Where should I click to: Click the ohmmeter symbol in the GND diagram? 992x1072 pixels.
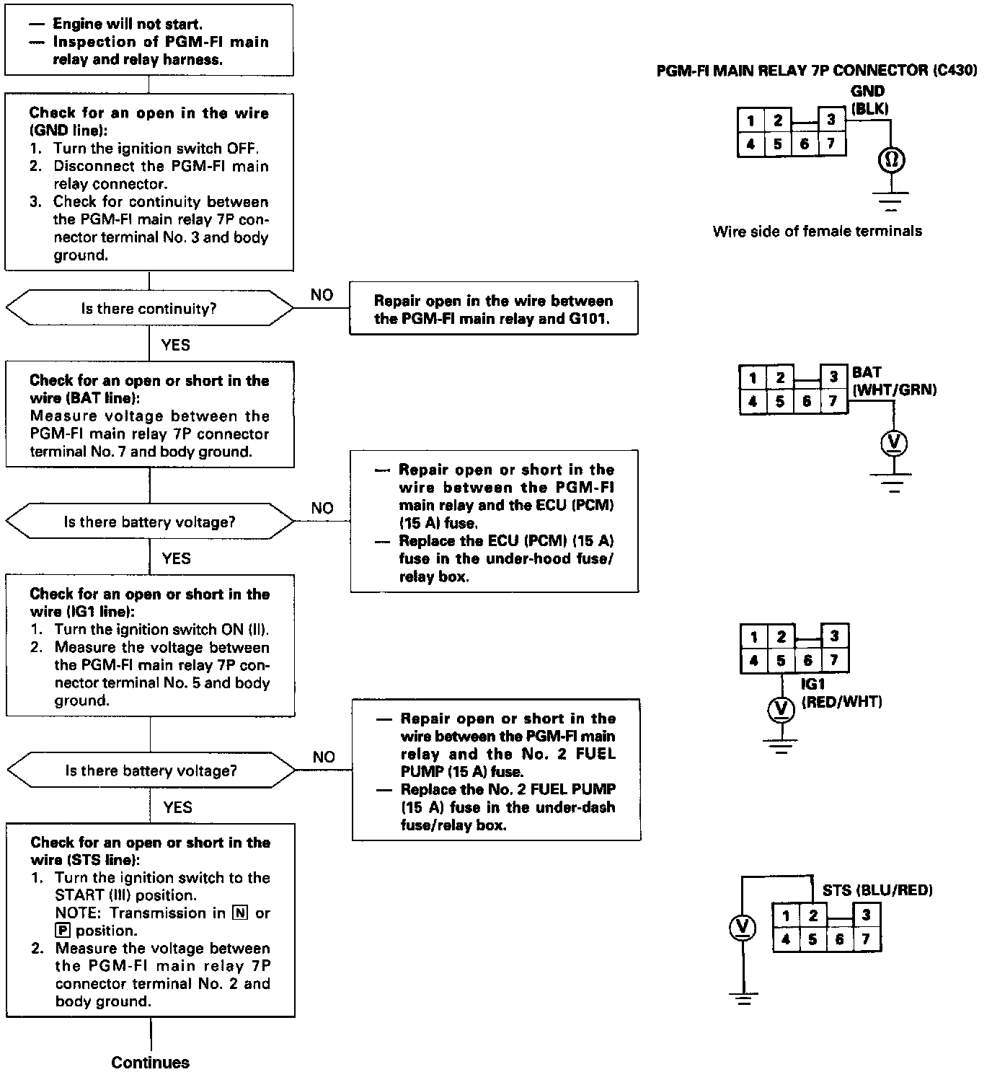click(891, 160)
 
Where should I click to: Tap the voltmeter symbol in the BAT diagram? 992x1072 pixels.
click(894, 443)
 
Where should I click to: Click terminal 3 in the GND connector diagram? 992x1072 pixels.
click(831, 120)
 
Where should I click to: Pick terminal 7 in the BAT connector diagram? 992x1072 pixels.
click(833, 401)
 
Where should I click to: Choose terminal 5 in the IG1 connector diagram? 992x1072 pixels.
click(781, 660)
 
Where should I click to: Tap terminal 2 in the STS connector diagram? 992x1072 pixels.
click(812, 915)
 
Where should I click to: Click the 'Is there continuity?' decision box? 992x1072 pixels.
click(149, 309)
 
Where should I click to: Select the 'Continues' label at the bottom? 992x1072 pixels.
click(150, 1062)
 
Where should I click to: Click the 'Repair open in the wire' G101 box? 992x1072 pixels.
click(493, 309)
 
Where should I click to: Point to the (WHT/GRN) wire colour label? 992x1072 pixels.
click(894, 390)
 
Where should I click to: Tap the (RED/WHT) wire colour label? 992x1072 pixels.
click(841, 701)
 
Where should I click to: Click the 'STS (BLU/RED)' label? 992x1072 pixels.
click(877, 890)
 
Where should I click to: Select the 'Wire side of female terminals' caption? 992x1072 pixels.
click(817, 232)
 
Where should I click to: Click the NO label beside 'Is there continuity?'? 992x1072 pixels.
click(322, 295)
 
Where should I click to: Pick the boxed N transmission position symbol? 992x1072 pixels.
click(240, 913)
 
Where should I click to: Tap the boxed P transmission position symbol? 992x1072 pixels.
click(62, 931)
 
